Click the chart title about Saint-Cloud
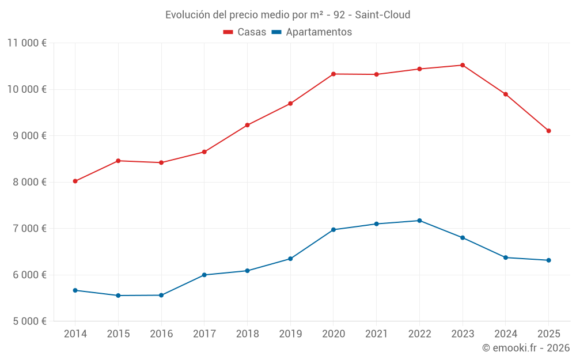point(287,14)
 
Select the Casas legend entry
point(245,32)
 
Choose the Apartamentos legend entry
point(312,32)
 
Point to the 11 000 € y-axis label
point(27,43)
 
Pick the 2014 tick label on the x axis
point(75,334)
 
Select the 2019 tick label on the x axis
point(290,334)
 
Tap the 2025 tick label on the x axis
point(548,334)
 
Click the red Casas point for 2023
point(463,65)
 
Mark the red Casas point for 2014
point(75,181)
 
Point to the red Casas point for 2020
point(334,74)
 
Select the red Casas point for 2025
point(548,131)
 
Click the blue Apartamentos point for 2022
point(419,221)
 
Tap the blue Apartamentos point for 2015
point(118,295)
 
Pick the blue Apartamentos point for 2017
point(204,275)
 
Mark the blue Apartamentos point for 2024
point(506,257)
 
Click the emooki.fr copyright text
point(526,348)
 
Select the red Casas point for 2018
point(247,125)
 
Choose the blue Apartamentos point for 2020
point(334,230)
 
